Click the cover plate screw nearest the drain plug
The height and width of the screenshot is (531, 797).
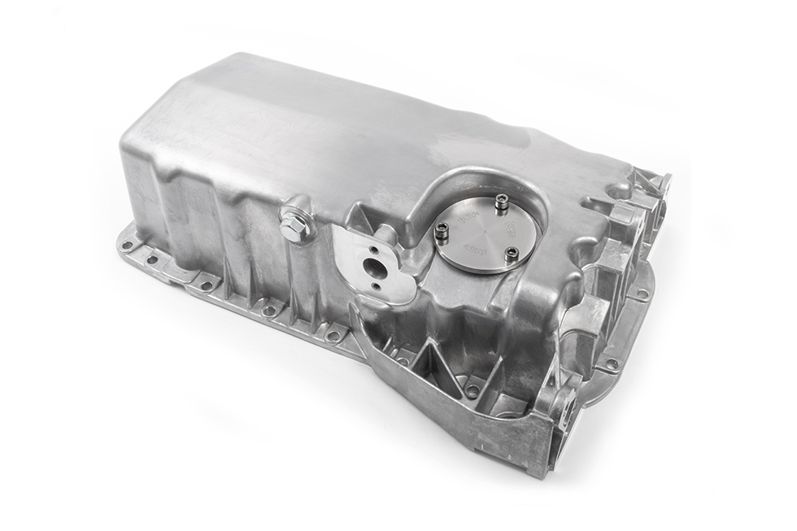442,230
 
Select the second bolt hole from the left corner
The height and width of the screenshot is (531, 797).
151,260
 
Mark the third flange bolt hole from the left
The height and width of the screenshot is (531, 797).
207,285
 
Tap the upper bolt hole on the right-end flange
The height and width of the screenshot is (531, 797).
642,294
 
